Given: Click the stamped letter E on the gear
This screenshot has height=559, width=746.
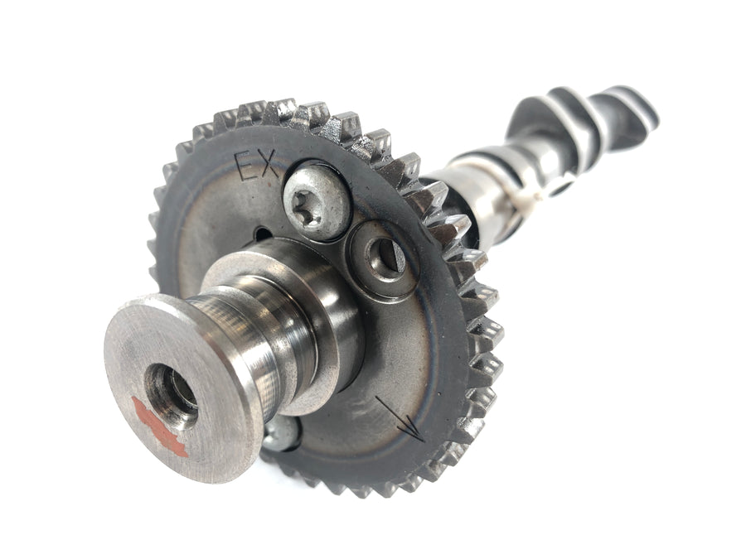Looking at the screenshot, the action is coord(246,166).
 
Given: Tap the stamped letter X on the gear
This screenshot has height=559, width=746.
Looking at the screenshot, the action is coord(269,163).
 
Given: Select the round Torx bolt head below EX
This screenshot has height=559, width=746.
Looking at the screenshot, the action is coord(317,203).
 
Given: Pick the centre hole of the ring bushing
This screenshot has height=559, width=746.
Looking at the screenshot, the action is coord(385,259).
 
